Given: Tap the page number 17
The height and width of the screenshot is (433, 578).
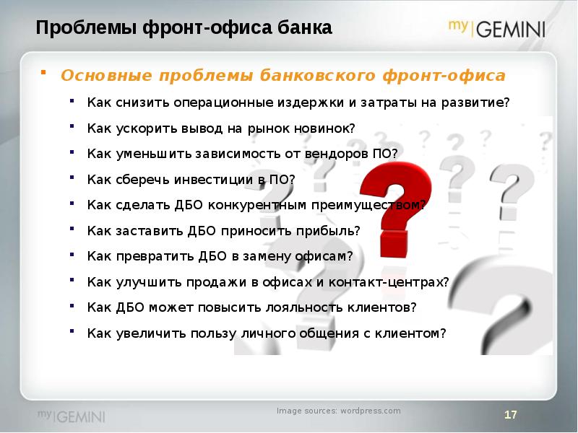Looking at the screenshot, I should [x=511, y=415].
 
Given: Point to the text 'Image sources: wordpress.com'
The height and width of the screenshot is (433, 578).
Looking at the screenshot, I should [x=339, y=411].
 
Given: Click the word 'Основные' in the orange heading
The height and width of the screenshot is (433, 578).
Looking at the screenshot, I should [x=106, y=76].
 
